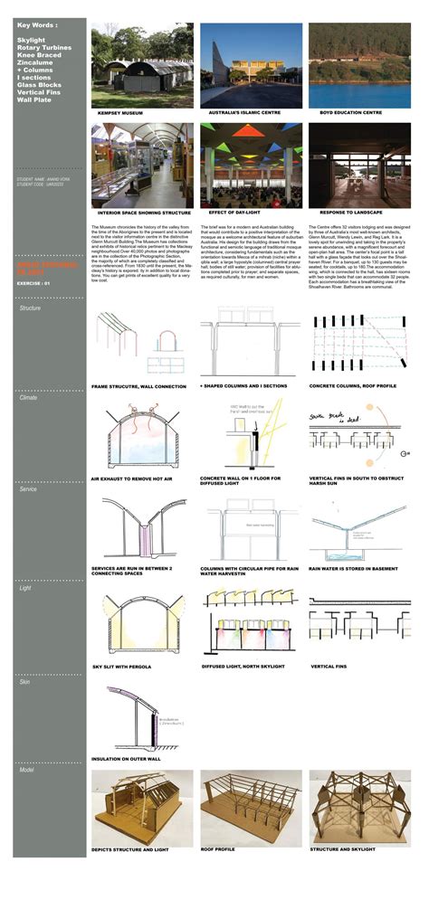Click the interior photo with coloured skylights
pos(251,164)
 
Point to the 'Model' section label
pos(28,769)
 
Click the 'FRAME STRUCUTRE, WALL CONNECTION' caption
pos(138,385)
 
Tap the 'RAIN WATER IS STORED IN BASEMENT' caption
pos(356,569)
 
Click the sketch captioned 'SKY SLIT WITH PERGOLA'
pos(141,624)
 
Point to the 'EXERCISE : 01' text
pos(34,284)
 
